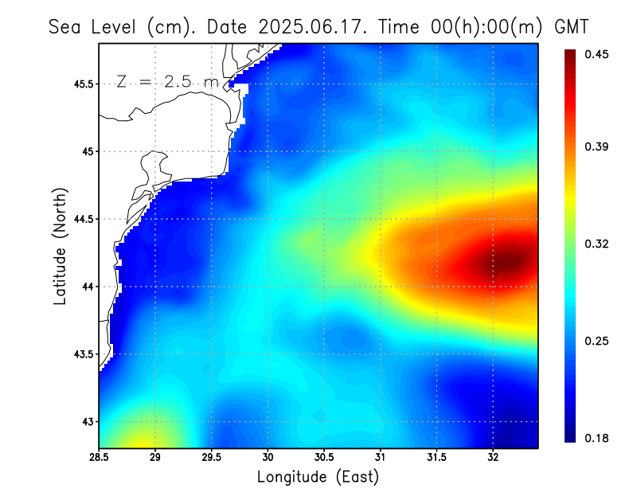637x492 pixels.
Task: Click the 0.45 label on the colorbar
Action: (598, 54)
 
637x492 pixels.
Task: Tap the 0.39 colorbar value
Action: (598, 146)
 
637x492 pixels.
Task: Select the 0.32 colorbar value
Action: (598, 244)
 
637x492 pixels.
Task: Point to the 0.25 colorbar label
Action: (598, 341)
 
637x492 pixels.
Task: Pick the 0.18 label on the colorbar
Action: (598, 438)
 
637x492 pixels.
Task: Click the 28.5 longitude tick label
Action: (99, 458)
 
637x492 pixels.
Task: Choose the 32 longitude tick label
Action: (494, 458)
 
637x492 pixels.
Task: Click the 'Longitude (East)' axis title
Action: (318, 477)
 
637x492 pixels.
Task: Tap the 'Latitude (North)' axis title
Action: (60, 246)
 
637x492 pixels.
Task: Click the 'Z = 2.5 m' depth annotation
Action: (167, 81)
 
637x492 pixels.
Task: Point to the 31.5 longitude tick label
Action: (437, 458)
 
